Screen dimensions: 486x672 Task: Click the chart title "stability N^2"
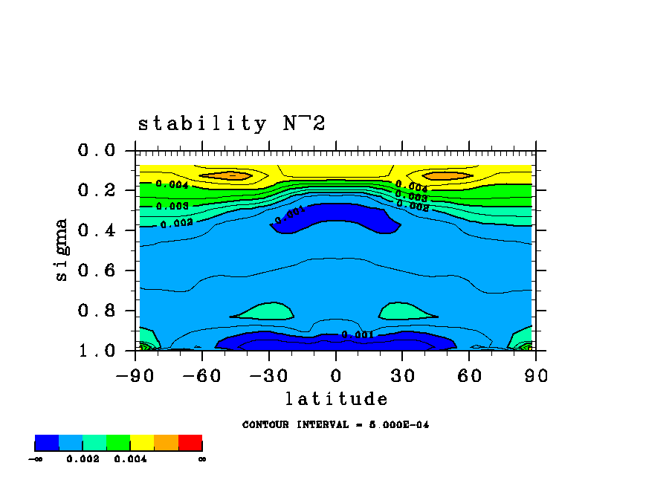232,123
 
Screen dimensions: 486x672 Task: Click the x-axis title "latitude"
336,399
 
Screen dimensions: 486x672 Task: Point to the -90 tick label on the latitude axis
135,375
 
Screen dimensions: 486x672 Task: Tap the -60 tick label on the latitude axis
201,375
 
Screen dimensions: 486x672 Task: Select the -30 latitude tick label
268,375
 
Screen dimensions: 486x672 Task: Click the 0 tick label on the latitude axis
336,375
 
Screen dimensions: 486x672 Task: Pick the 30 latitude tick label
402,375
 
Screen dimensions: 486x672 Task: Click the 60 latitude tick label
469,375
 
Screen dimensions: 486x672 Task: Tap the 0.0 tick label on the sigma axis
97,151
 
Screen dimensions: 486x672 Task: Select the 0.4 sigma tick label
97,230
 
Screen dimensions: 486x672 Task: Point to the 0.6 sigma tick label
97,270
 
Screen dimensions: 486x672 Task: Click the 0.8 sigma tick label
97,311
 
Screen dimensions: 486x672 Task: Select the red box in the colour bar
190,443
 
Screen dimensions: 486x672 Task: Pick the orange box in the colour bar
166,443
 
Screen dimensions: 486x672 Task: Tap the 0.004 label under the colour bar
130,459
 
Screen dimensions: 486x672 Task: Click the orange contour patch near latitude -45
230,176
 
